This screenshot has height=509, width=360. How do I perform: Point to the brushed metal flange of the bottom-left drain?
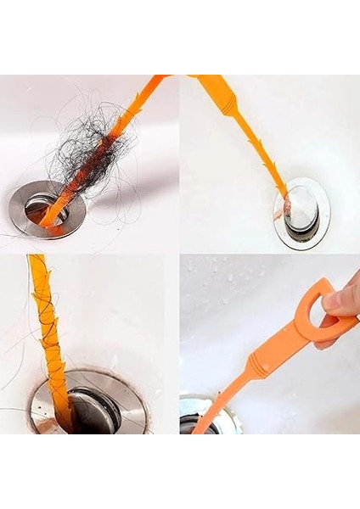[x=127, y=399]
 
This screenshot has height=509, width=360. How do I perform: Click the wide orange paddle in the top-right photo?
[x=212, y=85]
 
